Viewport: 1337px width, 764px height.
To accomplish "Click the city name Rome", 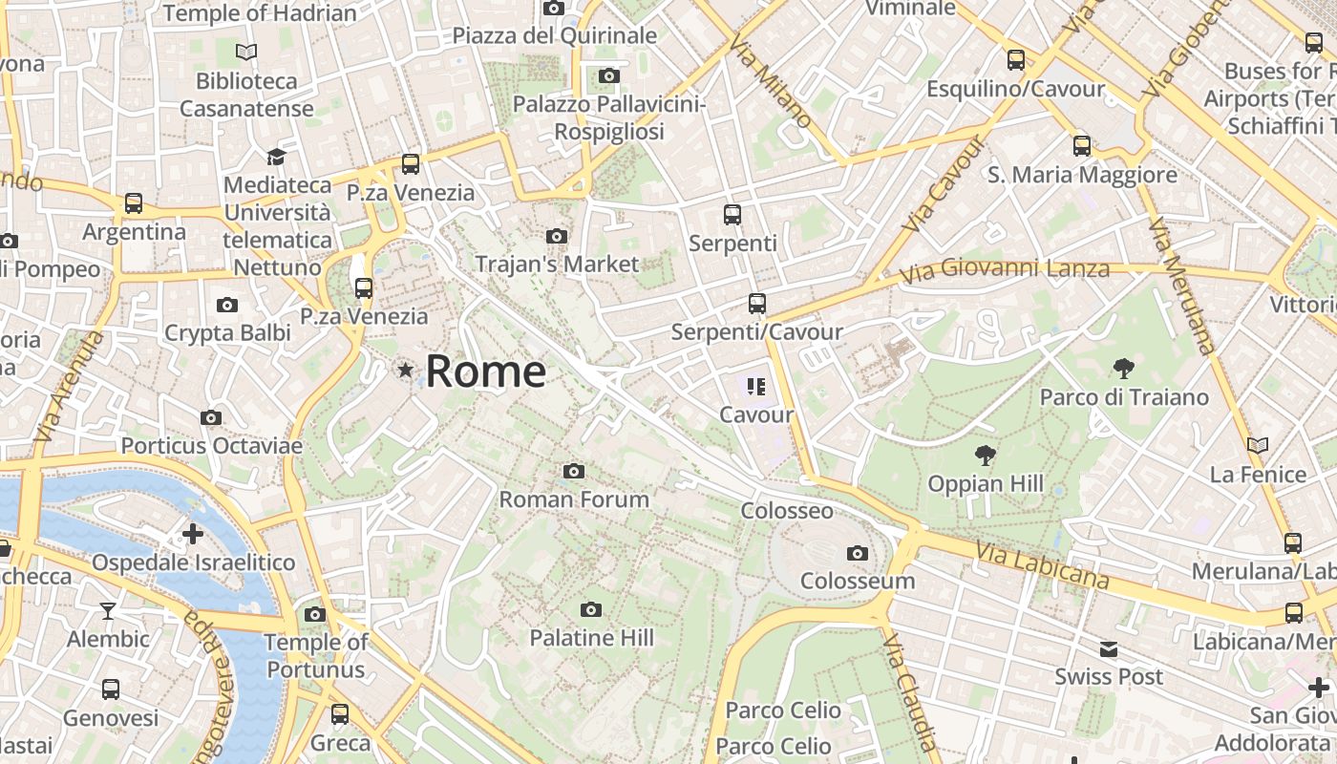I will click(485, 371).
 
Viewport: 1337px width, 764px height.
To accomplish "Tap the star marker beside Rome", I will click(406, 370).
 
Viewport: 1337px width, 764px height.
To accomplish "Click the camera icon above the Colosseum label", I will click(857, 553).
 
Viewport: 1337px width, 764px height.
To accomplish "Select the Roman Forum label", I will click(574, 499).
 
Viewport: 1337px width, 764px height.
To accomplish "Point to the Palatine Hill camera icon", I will click(591, 609).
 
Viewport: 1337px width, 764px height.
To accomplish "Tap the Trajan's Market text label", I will click(557, 264).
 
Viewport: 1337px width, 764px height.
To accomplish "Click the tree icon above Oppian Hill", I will click(985, 455).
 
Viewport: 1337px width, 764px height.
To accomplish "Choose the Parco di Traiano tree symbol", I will click(1123, 368).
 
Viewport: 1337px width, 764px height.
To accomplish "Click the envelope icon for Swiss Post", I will click(1108, 649).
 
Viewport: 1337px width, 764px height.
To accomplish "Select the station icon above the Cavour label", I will click(756, 387).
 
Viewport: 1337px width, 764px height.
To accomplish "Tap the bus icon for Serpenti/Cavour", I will click(757, 304).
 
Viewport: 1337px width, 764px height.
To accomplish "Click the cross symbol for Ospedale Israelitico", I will click(193, 534).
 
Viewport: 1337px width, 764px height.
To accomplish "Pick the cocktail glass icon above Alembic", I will click(108, 610).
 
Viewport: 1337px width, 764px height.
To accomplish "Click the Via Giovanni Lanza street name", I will click(1006, 270).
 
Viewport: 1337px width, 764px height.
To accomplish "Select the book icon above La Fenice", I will click(1258, 445).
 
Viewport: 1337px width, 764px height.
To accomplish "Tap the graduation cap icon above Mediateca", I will click(276, 157).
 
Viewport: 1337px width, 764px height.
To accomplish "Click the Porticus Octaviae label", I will click(211, 445).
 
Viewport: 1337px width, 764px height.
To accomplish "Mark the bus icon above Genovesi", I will click(111, 689).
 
